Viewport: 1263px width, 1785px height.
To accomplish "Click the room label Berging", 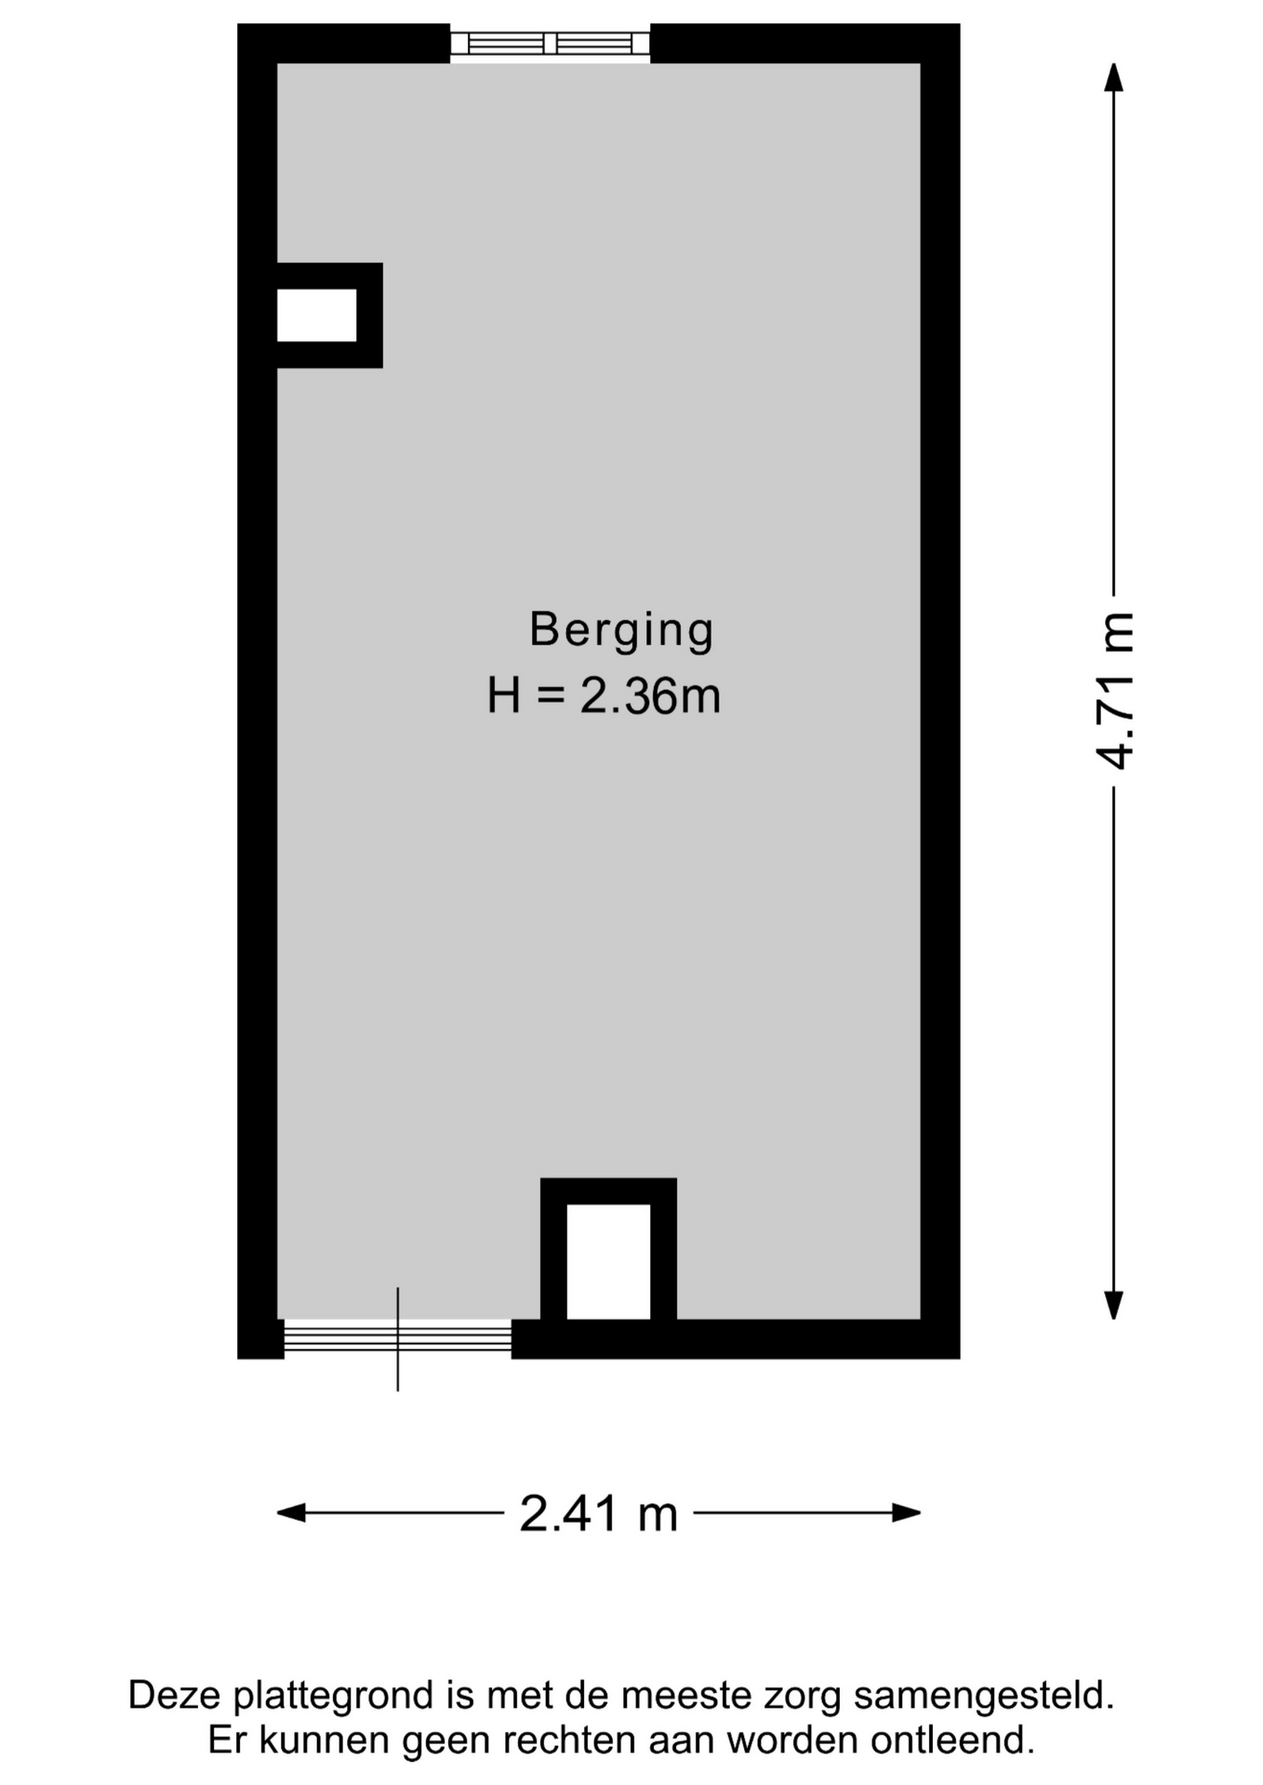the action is (621, 631).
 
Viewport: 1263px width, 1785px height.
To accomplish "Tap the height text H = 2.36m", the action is (605, 696).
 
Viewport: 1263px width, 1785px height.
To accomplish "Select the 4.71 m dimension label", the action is (1115, 692).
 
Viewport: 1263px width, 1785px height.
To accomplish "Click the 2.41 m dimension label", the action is (599, 1513).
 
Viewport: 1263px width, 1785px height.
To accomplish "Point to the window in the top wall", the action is (550, 44).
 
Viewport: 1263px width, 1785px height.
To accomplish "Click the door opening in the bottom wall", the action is (398, 1339).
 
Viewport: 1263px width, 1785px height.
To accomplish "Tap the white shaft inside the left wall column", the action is (316, 315).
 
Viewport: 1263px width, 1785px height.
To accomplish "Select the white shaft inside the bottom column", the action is (608, 1262).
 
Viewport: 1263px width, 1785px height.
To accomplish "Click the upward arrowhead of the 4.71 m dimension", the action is (1113, 77).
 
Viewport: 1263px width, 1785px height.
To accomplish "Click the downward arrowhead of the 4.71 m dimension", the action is (1113, 1305).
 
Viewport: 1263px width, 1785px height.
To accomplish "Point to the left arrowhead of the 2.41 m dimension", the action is (291, 1513).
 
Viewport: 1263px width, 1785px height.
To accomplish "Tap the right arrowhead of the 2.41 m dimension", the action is (907, 1513).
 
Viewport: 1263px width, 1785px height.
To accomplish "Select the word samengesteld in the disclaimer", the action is (984, 1697).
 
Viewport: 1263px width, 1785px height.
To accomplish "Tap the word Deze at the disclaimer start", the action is (176, 1695).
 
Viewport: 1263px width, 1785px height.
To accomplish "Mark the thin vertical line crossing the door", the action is (398, 1339).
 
